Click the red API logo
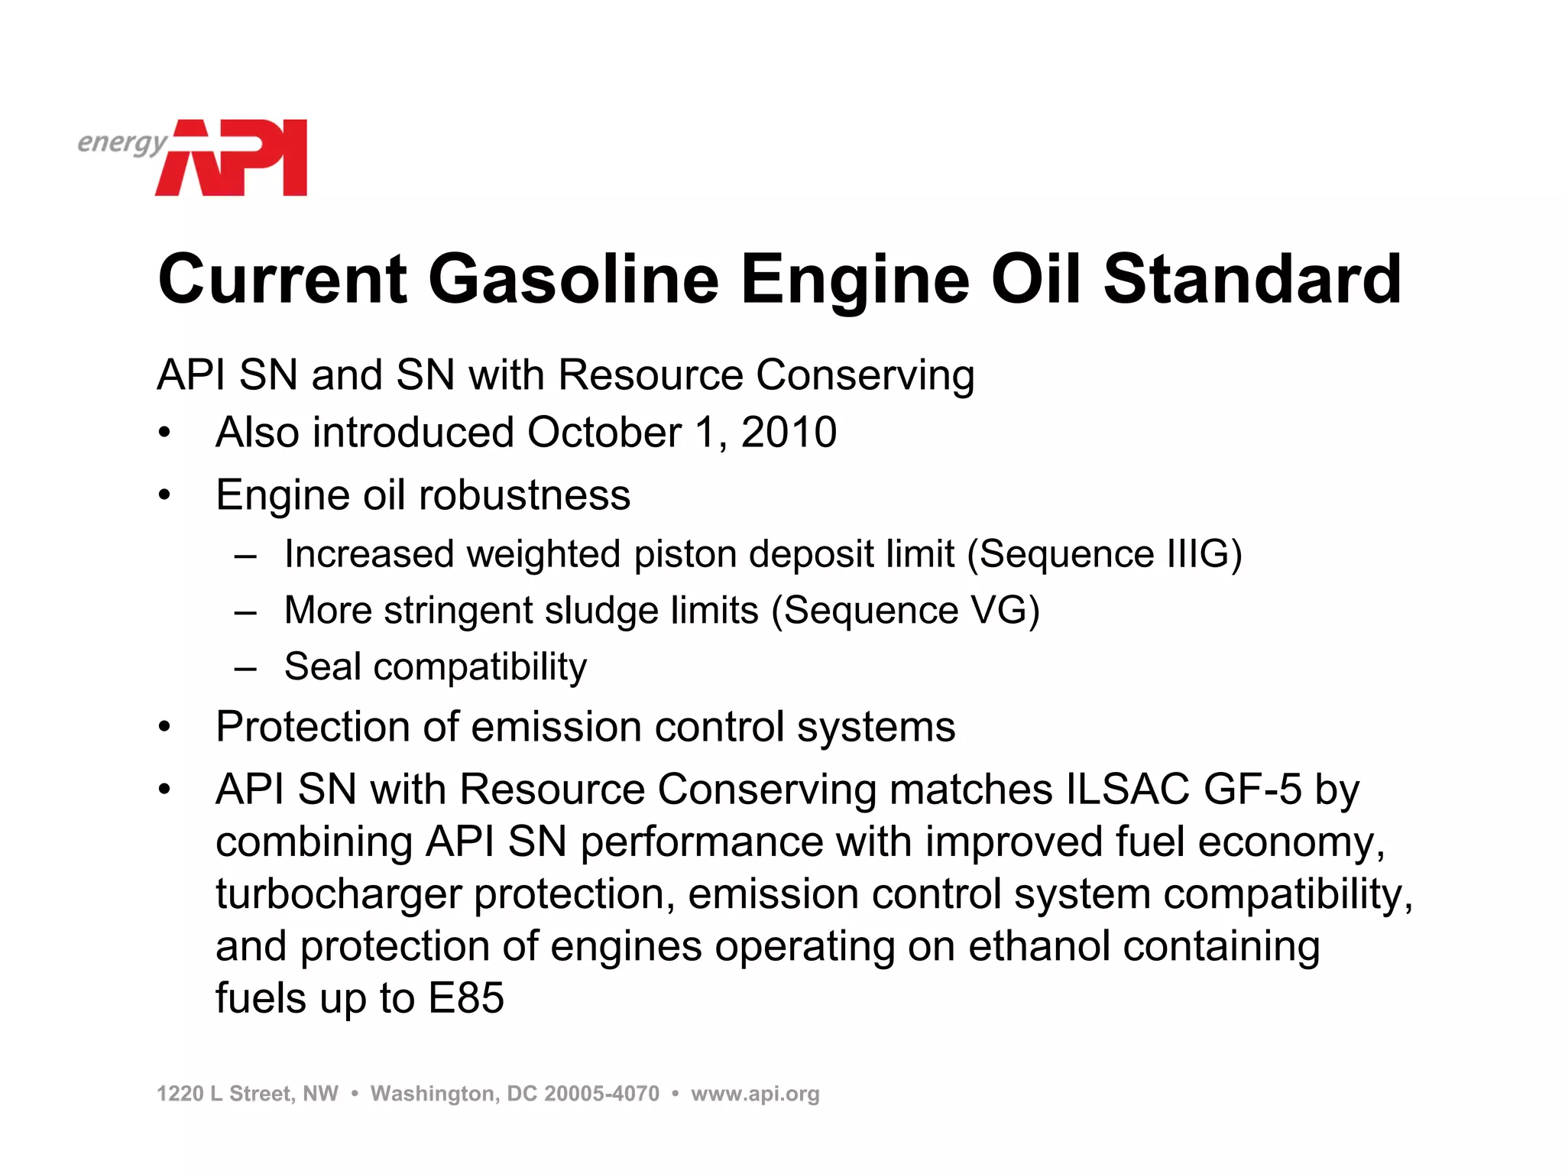click(x=233, y=157)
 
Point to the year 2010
click(x=789, y=433)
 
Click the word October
click(x=604, y=433)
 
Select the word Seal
click(x=322, y=666)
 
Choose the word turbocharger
click(x=338, y=894)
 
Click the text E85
click(x=466, y=998)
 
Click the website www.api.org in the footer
click(x=755, y=1094)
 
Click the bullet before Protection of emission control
click(x=164, y=727)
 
